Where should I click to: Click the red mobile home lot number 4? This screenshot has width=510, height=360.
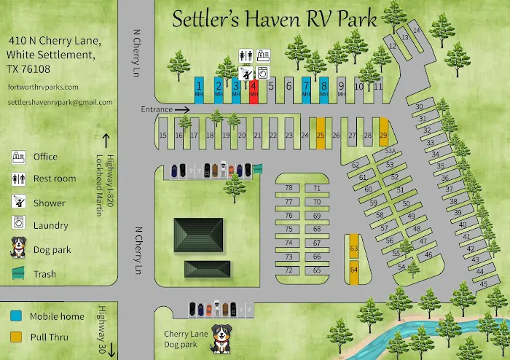click(254, 89)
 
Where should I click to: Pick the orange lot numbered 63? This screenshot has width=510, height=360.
click(354, 248)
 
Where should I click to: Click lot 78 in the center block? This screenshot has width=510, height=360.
click(289, 188)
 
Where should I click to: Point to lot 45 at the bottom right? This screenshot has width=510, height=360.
click(483, 283)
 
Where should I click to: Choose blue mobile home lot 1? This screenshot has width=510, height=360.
click(198, 89)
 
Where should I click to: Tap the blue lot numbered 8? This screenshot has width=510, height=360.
click(324, 89)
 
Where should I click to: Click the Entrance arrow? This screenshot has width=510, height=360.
click(182, 109)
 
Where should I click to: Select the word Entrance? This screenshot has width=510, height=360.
click(157, 109)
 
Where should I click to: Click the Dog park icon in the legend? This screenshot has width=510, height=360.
click(18, 249)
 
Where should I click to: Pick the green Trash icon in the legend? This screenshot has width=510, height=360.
click(18, 275)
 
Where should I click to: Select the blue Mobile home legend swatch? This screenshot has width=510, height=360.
click(16, 316)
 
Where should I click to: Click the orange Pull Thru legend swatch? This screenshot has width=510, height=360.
click(16, 337)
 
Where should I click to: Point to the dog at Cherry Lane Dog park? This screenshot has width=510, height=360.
click(220, 339)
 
